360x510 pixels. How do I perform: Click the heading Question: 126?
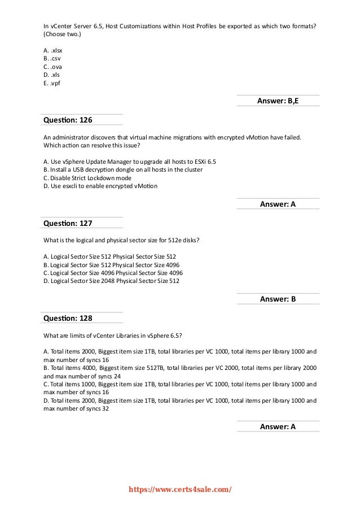pyautogui.click(x=68, y=120)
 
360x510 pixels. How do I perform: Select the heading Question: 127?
pyautogui.click(x=68, y=223)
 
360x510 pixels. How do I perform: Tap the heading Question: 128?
pyautogui.click(x=68, y=318)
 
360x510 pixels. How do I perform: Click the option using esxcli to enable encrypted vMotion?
pyautogui.click(x=100, y=186)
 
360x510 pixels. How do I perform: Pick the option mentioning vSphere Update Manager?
pyautogui.click(x=129, y=161)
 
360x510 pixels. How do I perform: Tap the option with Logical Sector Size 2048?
pyautogui.click(x=111, y=281)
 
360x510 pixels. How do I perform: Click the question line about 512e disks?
pyautogui.click(x=121, y=240)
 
